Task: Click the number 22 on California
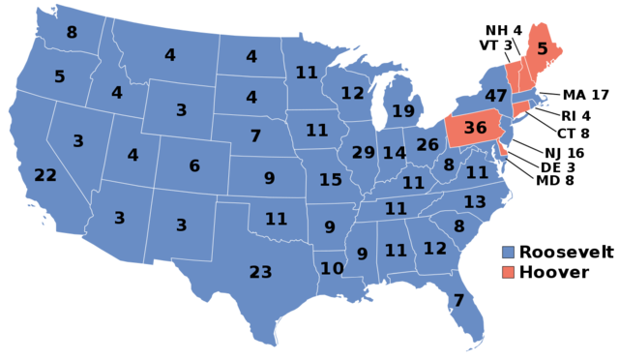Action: pos(45,175)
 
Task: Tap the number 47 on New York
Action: pos(496,96)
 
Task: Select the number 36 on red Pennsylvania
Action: pos(475,128)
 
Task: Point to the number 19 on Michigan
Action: pos(403,111)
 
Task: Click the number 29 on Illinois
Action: pos(364,153)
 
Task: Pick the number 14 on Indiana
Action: pos(395,153)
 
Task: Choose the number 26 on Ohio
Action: pos(427,145)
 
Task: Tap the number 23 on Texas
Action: pos(260,272)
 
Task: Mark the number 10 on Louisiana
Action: pos(332,268)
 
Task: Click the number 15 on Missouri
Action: pos(331,180)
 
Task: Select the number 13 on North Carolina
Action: pos(475,202)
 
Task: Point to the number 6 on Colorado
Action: pos(194,166)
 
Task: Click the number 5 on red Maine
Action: pos(543,48)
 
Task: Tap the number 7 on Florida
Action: pos(458,300)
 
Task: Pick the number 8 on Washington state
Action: pos(72,32)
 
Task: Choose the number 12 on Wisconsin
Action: pos(352,94)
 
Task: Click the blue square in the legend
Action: pos(509,252)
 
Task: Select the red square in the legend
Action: pos(509,272)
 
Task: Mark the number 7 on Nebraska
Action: pos(255,136)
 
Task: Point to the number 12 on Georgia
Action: pos(435,249)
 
